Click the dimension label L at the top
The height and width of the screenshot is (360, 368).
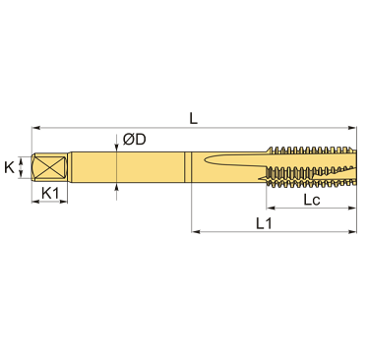(x=194, y=118)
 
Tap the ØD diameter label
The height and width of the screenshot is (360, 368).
(x=135, y=140)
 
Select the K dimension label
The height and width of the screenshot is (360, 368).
(x=10, y=167)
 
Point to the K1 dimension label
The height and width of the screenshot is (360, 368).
(x=50, y=193)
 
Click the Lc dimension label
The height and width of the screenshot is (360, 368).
(x=311, y=200)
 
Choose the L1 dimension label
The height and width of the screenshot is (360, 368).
(x=264, y=223)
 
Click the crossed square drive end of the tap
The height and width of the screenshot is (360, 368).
(x=49, y=167)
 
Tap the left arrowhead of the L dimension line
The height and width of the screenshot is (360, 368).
(x=35, y=128)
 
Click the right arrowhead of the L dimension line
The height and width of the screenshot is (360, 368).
(x=352, y=128)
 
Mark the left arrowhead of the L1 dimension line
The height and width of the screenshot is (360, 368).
(x=196, y=232)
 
